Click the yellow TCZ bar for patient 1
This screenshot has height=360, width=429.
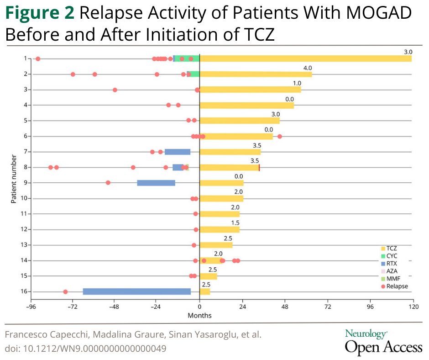(305, 58)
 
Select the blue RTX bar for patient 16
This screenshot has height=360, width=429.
(136, 291)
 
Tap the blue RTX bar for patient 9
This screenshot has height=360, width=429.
(156, 183)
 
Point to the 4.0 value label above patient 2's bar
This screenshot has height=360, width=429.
(308, 68)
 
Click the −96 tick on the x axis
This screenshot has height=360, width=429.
(31, 307)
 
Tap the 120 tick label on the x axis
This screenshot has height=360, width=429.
(413, 307)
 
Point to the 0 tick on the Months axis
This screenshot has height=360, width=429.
(199, 307)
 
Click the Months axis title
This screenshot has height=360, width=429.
(199, 316)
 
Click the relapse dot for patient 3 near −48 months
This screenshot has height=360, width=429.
(115, 90)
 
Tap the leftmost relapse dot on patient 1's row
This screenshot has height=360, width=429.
(38, 59)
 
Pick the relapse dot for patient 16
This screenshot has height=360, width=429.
(65, 292)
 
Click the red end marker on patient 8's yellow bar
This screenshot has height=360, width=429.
(259, 168)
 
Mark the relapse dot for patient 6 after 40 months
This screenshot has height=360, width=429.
(280, 137)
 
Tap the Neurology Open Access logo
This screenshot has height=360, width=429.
(383, 342)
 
